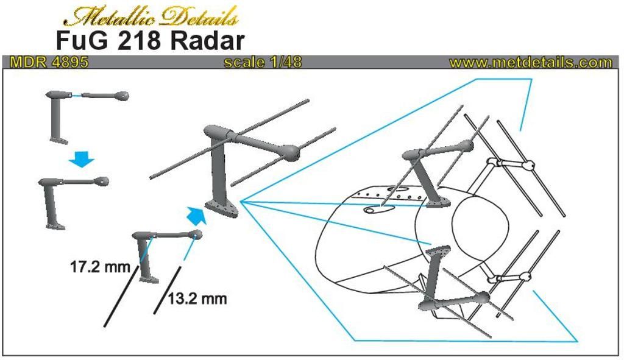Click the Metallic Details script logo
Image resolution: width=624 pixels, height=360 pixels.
tap(151, 16)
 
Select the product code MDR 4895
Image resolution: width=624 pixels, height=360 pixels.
tap(49, 63)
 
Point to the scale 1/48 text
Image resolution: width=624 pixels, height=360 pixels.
tap(263, 63)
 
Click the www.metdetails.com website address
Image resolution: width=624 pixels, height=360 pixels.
tap(531, 63)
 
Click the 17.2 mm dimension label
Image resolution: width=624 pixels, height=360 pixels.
tap(101, 267)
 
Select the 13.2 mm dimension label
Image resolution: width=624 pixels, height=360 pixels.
tap(197, 298)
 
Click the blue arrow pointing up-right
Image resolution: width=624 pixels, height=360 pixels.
tap(196, 215)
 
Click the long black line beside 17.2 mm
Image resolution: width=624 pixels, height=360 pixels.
tap(121, 297)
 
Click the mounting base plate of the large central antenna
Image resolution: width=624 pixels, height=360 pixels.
tap(222, 208)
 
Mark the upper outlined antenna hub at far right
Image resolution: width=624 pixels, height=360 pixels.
tap(528, 165)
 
